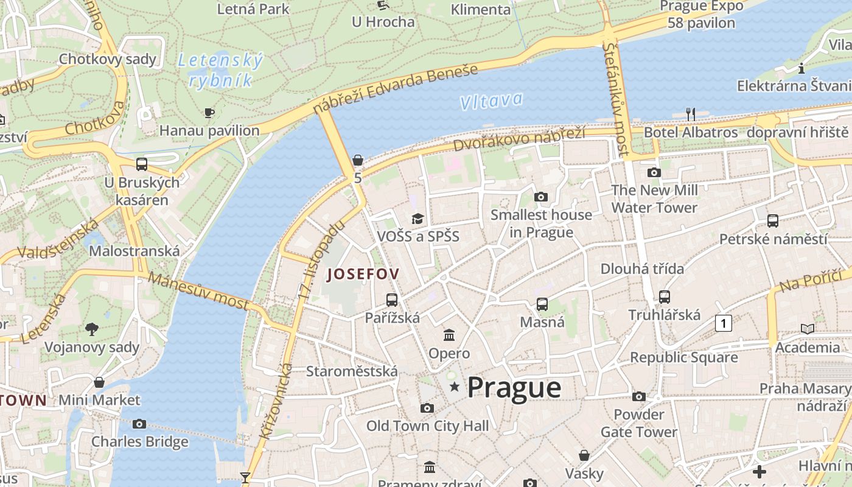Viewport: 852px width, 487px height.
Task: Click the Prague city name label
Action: (514, 388)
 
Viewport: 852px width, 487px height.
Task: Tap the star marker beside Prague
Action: (454, 387)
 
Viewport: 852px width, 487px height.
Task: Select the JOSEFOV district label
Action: (363, 275)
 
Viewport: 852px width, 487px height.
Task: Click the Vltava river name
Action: (491, 100)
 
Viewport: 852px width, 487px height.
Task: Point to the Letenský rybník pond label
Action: (220, 70)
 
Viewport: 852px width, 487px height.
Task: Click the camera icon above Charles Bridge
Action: (139, 424)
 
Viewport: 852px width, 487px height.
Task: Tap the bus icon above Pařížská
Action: (392, 300)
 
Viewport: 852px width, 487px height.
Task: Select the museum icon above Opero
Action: (449, 335)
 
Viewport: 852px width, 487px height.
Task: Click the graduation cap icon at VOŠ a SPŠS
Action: (417, 219)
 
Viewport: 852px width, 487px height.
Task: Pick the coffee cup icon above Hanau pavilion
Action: (209, 113)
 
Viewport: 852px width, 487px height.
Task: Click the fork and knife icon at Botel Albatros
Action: (690, 114)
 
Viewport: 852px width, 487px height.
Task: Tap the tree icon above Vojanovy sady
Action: (92, 329)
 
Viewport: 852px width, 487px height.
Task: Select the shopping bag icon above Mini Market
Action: (99, 382)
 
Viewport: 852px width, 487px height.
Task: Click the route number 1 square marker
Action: (723, 323)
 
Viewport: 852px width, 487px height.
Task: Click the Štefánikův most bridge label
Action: (616, 97)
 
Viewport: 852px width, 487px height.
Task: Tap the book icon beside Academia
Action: (808, 329)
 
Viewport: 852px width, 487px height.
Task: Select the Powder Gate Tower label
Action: (639, 423)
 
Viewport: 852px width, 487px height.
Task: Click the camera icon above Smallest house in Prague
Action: (540, 197)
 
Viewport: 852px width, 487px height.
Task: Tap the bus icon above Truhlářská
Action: (665, 297)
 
